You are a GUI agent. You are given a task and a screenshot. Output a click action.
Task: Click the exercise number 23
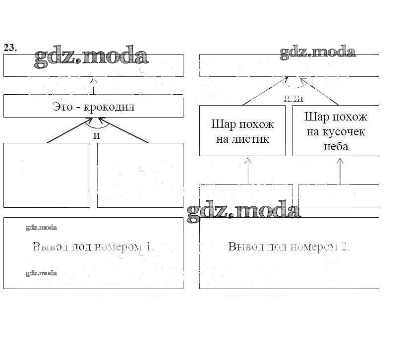click(x=10, y=48)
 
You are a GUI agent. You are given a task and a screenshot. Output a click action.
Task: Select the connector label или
click(x=293, y=98)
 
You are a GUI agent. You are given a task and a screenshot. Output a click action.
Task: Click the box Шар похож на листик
click(x=242, y=130)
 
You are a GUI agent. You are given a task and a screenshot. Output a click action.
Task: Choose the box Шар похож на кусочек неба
click(x=335, y=130)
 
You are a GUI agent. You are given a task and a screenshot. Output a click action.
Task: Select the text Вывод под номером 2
click(x=290, y=246)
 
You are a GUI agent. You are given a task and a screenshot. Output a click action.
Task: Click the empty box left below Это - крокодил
click(x=47, y=175)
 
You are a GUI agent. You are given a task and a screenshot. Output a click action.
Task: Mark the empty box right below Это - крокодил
click(x=140, y=175)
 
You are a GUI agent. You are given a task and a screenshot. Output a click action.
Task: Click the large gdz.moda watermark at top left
click(x=92, y=56)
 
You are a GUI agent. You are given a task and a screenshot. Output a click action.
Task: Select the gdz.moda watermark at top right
click(x=317, y=52)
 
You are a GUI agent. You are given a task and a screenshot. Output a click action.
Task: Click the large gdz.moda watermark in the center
click(x=244, y=211)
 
